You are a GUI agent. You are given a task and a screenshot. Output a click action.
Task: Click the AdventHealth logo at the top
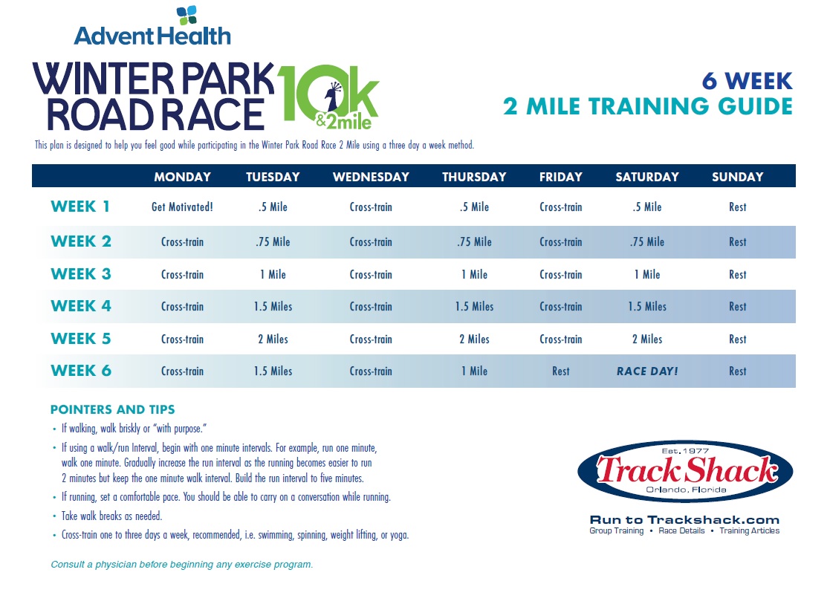[x=152, y=26]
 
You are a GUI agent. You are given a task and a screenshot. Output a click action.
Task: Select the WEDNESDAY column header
[x=371, y=177]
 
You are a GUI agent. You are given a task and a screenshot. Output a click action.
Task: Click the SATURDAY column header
[x=647, y=177]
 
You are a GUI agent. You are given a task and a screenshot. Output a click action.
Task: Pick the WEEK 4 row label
[x=81, y=306]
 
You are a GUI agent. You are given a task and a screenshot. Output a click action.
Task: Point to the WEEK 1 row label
[x=80, y=207]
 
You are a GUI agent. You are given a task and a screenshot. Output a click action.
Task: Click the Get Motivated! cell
[x=182, y=207]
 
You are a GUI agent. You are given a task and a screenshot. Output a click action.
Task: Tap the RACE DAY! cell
[x=647, y=371]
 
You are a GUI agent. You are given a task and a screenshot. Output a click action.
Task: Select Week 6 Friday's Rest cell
[x=560, y=371]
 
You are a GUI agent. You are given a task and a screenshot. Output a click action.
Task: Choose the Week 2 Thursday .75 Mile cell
[x=474, y=242]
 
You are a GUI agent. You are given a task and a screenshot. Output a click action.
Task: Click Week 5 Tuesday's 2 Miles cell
[x=273, y=340]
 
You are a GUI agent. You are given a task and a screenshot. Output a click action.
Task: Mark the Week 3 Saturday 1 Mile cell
[x=647, y=275]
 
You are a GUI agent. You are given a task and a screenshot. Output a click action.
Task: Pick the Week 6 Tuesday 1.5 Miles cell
[x=273, y=371]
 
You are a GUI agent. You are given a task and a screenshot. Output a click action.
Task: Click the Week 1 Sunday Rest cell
[x=737, y=207]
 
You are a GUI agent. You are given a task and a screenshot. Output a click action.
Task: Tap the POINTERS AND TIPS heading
[x=112, y=409]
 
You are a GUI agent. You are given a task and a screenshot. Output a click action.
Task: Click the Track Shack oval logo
[x=685, y=471]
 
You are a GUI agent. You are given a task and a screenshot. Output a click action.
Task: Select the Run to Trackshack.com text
[x=684, y=520]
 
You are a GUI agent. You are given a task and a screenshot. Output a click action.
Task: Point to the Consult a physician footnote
[x=181, y=565]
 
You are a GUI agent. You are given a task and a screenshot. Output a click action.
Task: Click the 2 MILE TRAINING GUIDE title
[x=647, y=106]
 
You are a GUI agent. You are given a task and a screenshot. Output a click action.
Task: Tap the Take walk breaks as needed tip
[x=111, y=516]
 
